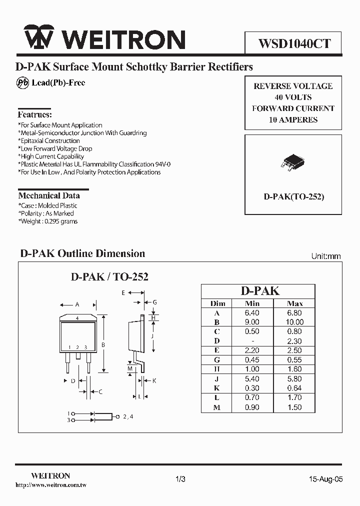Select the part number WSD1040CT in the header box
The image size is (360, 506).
(x=294, y=43)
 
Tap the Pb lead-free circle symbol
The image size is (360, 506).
(x=22, y=83)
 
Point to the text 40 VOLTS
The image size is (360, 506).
(x=293, y=97)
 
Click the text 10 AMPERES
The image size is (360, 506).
(x=293, y=119)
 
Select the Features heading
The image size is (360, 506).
(x=35, y=114)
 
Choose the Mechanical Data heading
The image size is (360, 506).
(x=49, y=195)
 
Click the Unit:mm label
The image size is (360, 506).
(x=326, y=256)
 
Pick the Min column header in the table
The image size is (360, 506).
(x=252, y=303)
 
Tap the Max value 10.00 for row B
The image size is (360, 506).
(x=295, y=322)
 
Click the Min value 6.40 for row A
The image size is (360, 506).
(x=252, y=313)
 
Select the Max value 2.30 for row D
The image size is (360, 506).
(x=295, y=341)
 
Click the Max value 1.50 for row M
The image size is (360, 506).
(x=295, y=407)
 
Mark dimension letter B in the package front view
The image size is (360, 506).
(x=103, y=344)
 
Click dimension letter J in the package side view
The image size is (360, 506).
(x=151, y=336)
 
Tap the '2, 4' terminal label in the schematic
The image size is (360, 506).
(x=128, y=416)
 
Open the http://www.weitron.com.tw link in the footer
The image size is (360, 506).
(x=51, y=485)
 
